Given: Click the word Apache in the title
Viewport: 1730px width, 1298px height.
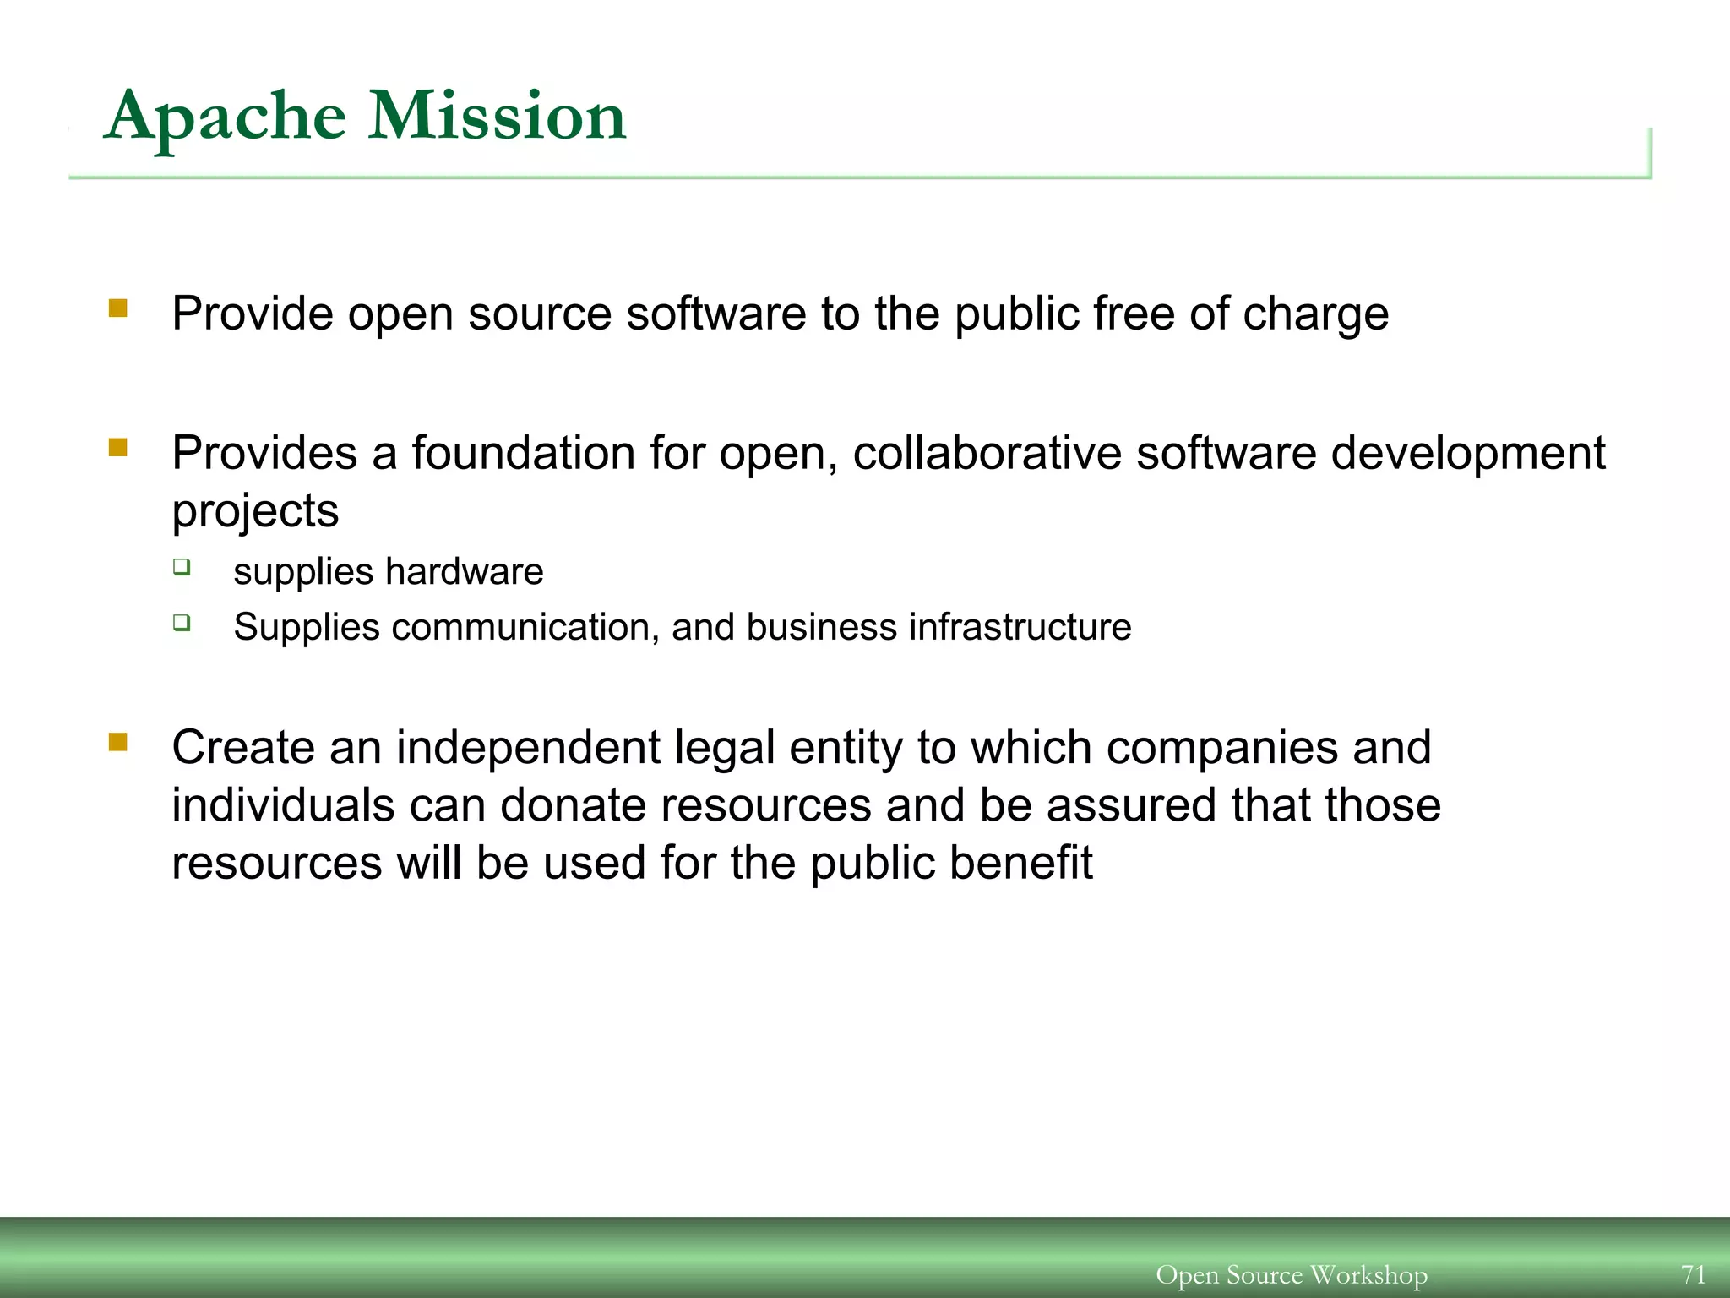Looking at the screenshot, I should (x=225, y=117).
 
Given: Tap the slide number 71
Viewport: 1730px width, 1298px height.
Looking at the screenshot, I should (x=1693, y=1273).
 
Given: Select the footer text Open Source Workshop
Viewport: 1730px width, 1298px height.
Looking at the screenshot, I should (x=1292, y=1274).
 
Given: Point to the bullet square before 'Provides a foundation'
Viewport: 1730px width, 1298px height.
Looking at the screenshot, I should (x=117, y=447).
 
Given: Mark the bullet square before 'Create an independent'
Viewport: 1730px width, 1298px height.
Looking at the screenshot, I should (x=117, y=742).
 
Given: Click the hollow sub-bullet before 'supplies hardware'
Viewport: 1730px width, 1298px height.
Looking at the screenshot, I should (x=182, y=567).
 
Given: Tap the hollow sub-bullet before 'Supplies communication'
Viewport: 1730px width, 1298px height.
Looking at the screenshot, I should (x=182, y=623).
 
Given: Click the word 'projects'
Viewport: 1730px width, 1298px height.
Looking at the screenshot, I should (x=255, y=512).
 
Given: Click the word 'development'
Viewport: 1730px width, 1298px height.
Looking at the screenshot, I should (x=1468, y=455).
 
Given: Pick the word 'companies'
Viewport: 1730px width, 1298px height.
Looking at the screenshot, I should (x=1221, y=749).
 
